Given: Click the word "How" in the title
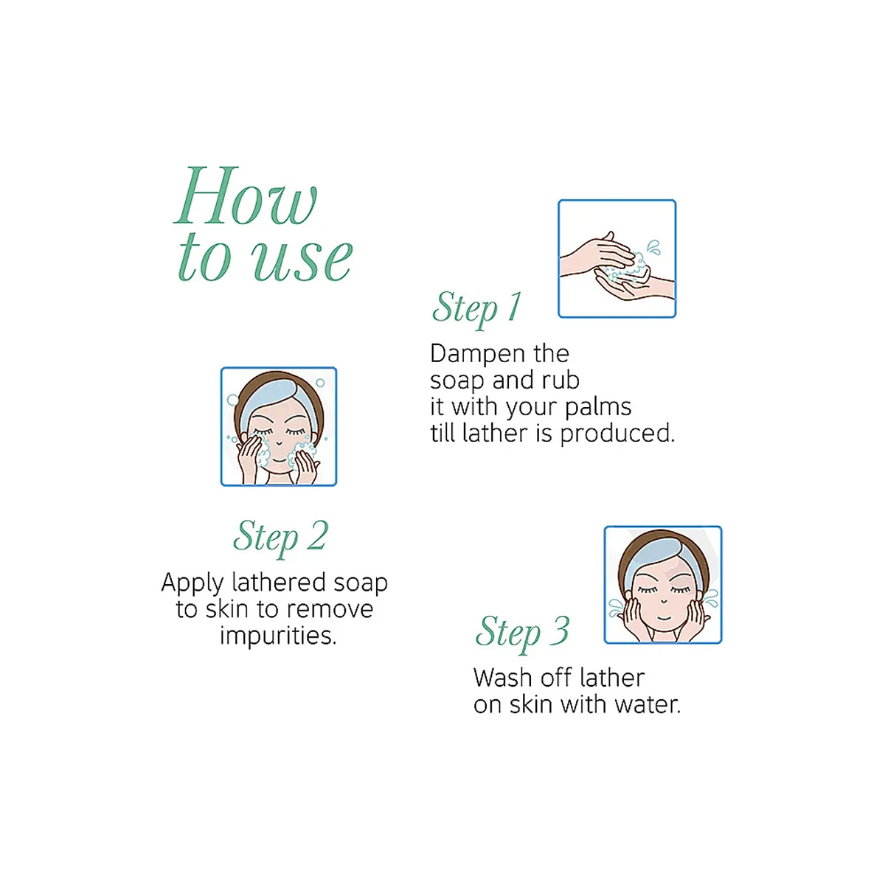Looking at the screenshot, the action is coord(246,196).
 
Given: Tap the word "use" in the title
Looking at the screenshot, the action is coord(302,259).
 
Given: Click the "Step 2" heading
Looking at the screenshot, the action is coord(280,538).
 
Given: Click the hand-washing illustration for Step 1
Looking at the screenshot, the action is coord(617,259).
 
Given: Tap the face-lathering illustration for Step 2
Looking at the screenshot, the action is coord(279,426).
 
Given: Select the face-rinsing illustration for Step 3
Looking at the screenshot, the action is coord(663,585).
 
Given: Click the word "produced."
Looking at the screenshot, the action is coord(617,434).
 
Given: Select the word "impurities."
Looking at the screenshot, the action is coord(278,636).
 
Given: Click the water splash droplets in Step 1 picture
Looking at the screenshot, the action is coord(653,246).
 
